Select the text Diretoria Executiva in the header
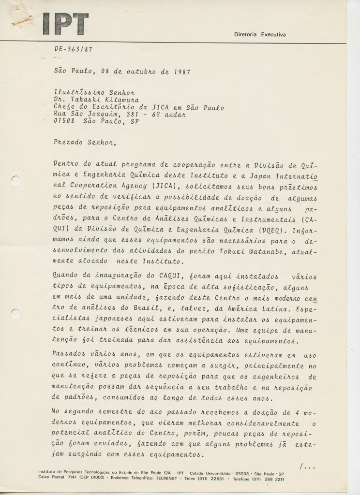pyautogui.click(x=260, y=35)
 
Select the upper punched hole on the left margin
pyautogui.click(x=15, y=180)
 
